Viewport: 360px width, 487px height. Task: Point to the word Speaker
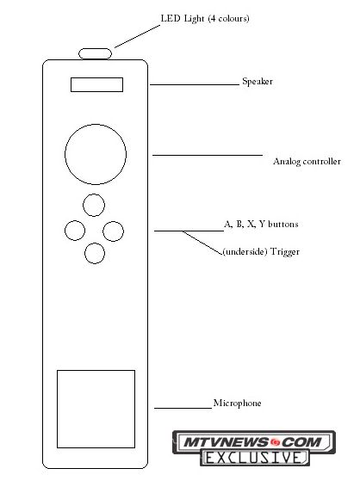(258, 82)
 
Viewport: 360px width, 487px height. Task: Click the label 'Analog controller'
(307, 162)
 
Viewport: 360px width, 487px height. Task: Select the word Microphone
(237, 403)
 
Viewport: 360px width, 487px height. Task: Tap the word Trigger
(285, 251)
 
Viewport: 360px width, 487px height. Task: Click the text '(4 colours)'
(229, 19)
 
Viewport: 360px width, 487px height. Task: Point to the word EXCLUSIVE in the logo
(254, 458)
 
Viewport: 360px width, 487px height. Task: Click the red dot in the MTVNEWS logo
(275, 442)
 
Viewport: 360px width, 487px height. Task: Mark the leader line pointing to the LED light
(137, 37)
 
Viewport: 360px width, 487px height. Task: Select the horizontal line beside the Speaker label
(195, 84)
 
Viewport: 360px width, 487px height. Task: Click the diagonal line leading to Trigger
(202, 243)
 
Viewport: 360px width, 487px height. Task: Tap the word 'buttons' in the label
(282, 225)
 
